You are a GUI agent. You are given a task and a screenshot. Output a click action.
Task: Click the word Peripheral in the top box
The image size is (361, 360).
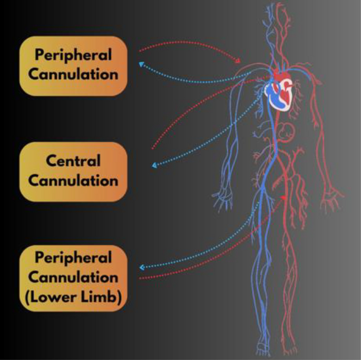73,55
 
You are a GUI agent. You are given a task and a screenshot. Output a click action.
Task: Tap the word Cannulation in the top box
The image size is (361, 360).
73,74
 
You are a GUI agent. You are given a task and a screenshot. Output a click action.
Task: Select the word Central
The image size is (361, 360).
73,161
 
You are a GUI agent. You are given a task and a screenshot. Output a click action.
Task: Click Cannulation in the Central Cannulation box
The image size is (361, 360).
73,180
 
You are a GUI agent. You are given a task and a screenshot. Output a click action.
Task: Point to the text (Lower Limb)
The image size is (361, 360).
73,297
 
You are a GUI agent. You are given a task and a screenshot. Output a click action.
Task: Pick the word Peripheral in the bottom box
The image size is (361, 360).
73,258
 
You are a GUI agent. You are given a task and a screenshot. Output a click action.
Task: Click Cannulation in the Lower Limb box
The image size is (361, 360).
73,277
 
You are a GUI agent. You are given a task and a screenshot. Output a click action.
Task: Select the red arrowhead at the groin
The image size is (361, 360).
284,197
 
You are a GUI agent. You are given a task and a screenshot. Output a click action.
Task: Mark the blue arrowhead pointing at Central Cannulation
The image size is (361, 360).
155,165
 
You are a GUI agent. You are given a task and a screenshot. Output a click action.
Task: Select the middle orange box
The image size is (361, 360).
73,171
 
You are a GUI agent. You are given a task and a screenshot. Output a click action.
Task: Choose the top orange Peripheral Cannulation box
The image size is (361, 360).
73,65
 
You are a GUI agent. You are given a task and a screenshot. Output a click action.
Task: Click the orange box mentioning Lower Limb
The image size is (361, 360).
73,277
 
